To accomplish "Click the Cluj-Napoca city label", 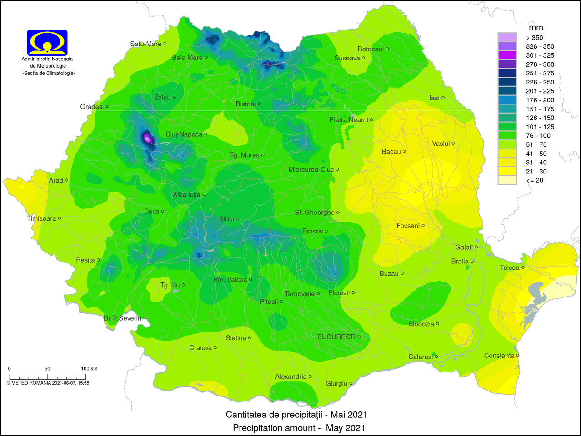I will pyautogui.click(x=184, y=134).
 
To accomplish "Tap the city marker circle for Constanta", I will pyautogui.click(x=518, y=356).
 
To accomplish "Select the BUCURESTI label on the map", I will pyautogui.click(x=336, y=337).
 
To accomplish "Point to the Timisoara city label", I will pyautogui.click(x=41, y=218).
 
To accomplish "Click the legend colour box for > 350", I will pyautogui.click(x=507, y=37).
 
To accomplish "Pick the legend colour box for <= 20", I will pyautogui.click(x=507, y=180).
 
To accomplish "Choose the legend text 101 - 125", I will pyautogui.click(x=540, y=127).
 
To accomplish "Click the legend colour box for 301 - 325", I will pyautogui.click(x=507, y=55).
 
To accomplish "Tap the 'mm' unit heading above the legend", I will pyautogui.click(x=536, y=28).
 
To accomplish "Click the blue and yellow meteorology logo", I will pyautogui.click(x=47, y=42).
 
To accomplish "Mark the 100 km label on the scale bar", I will pyautogui.click(x=89, y=368).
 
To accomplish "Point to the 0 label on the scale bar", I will pyautogui.click(x=10, y=368).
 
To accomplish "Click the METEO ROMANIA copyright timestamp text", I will pyautogui.click(x=48, y=383).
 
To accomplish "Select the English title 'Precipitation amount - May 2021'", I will pyautogui.click(x=299, y=428).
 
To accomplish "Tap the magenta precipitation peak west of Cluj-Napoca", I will pyautogui.click(x=147, y=137).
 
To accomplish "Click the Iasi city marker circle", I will pyautogui.click(x=443, y=98).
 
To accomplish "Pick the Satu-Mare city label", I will pyautogui.click(x=145, y=44).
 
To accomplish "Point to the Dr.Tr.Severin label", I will pyautogui.click(x=122, y=318).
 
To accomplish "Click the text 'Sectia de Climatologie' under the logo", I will pyautogui.click(x=49, y=73).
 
